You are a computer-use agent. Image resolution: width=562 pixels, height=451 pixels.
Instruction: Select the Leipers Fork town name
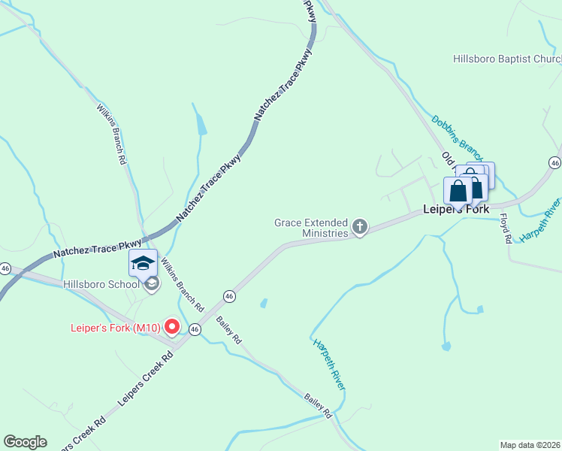(x=455, y=209)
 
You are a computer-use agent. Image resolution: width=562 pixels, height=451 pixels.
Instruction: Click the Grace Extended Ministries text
(x=311, y=228)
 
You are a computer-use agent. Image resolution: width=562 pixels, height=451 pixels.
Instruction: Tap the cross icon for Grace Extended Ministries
(x=360, y=226)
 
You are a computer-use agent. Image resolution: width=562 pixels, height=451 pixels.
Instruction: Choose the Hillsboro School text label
(x=101, y=284)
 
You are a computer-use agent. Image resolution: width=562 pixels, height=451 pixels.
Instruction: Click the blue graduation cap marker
(x=143, y=263)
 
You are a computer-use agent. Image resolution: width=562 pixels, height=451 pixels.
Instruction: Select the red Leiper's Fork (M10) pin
(x=171, y=326)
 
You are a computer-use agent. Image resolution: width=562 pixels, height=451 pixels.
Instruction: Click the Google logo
(x=25, y=442)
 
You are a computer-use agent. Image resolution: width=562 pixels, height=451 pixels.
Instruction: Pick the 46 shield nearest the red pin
(x=195, y=329)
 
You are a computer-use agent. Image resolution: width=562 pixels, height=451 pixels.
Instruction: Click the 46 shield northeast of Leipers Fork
(x=554, y=162)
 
